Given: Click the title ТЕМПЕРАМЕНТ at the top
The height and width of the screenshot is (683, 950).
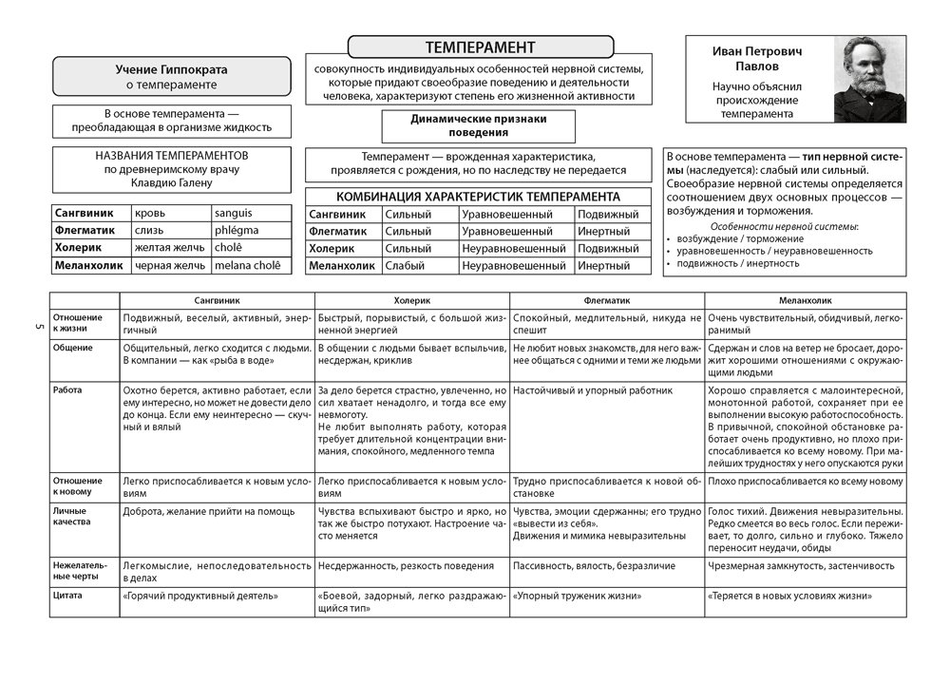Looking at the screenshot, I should [x=480, y=47].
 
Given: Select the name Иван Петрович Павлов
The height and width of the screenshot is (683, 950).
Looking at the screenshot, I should [x=758, y=60].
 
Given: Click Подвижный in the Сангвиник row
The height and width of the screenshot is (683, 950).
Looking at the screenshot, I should [x=608, y=215].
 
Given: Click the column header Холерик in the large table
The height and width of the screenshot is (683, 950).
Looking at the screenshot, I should [x=410, y=298].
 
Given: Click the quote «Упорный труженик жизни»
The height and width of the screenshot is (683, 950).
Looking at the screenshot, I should [x=577, y=597].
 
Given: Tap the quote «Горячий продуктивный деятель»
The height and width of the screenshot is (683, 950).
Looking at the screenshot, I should [x=200, y=597].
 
